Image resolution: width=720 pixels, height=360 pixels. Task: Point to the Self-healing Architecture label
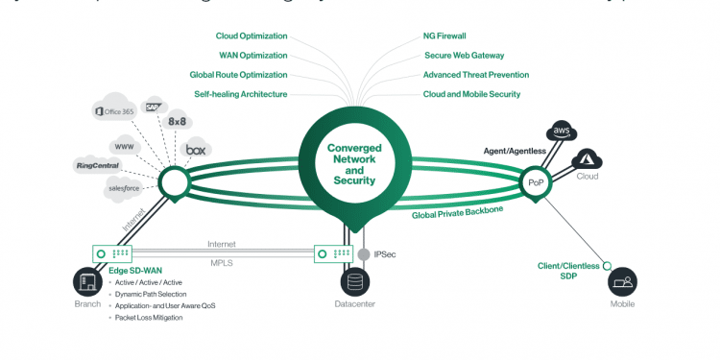pyautogui.click(x=241, y=94)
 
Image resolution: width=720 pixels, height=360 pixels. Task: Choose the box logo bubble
pyautogui.click(x=196, y=150)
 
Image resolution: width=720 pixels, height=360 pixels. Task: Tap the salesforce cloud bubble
pyautogui.click(x=124, y=188)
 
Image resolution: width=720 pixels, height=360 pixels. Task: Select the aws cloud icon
pyautogui.click(x=562, y=132)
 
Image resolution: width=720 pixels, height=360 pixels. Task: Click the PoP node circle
pyautogui.click(x=535, y=180)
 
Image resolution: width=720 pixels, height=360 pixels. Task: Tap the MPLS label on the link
pyautogui.click(x=222, y=261)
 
